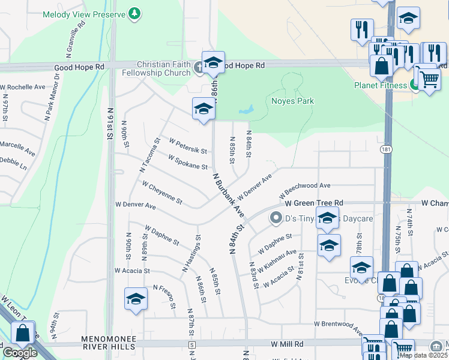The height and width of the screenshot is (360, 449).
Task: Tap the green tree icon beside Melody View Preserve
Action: pos(136,13)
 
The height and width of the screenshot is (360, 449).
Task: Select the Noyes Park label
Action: pos(292,101)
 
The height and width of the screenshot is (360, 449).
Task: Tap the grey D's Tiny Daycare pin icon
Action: pos(276,218)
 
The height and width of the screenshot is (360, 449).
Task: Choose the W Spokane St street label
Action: pos(188,162)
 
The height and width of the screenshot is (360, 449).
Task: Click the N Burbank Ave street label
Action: pos(229,195)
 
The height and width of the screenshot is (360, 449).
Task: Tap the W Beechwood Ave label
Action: pos(305,190)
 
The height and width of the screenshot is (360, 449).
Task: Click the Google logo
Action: pos(20,353)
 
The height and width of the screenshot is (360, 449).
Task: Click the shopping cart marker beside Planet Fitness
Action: pos(429,78)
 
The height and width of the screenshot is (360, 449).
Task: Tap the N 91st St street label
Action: pos(110,123)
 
